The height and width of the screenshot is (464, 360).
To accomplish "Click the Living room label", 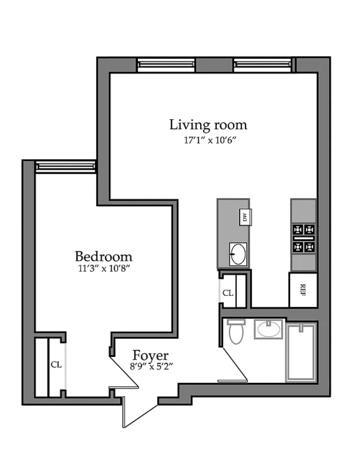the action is click(208, 125).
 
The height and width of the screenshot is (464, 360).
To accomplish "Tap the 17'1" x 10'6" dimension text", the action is click(210, 140).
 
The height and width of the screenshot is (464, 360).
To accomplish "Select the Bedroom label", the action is click(103, 256).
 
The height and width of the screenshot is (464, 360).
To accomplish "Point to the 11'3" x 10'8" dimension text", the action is click(104, 268).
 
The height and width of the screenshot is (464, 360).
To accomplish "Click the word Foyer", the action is click(151, 356).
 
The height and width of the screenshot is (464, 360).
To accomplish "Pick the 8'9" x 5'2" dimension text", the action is click(151, 367).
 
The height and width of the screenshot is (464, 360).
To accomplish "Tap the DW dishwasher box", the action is click(245, 217).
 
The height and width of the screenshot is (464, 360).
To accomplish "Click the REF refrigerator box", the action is click(303, 290).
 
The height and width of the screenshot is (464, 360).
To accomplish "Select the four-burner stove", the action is click(304, 238).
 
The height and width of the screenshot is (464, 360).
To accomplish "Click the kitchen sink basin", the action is click(238, 254).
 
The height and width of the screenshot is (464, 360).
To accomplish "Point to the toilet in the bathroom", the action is click(236, 331).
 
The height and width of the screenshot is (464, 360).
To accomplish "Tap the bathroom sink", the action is click(269, 329).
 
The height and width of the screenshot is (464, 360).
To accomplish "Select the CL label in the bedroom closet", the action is click(56, 364).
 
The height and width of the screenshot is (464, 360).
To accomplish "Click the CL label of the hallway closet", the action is click(228, 293).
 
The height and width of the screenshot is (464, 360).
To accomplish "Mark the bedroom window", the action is click(66, 167).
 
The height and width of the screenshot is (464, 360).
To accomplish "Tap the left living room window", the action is click(166, 65).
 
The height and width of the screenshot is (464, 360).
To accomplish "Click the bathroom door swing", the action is click(234, 364).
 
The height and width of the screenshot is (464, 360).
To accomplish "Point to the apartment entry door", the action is click(139, 412).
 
